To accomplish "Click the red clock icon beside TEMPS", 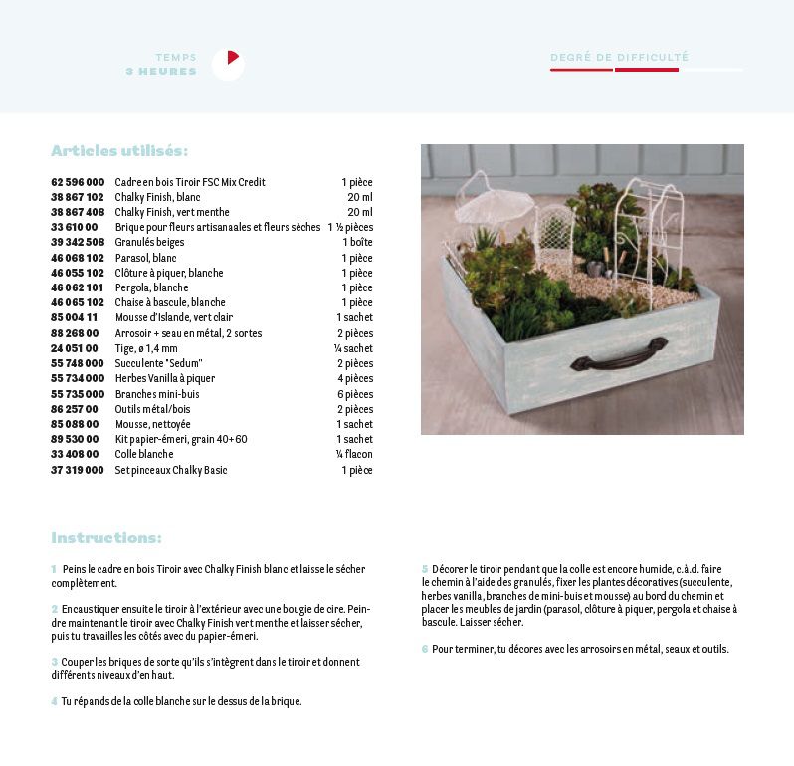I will pyautogui.click(x=228, y=64).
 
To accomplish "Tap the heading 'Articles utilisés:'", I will pyautogui.click(x=119, y=151).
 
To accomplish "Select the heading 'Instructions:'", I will pyautogui.click(x=106, y=538).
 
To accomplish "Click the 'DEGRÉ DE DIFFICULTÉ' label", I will pyautogui.click(x=619, y=57).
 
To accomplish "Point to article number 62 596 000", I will pyautogui.click(x=78, y=183).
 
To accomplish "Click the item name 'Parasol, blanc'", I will pyautogui.click(x=144, y=258).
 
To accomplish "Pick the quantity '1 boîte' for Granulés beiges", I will pyautogui.click(x=357, y=243).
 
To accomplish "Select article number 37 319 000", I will pyautogui.click(x=78, y=470).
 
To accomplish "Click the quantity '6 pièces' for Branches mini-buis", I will pyautogui.click(x=355, y=394).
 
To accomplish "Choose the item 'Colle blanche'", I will pyautogui.click(x=143, y=454).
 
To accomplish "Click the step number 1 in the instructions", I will pyautogui.click(x=54, y=569).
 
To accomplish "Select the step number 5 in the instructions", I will pyautogui.click(x=424, y=569).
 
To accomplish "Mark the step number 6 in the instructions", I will pyautogui.click(x=424, y=649).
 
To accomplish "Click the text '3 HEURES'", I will pyautogui.click(x=161, y=72).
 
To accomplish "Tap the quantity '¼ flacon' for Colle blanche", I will pyautogui.click(x=354, y=454).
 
